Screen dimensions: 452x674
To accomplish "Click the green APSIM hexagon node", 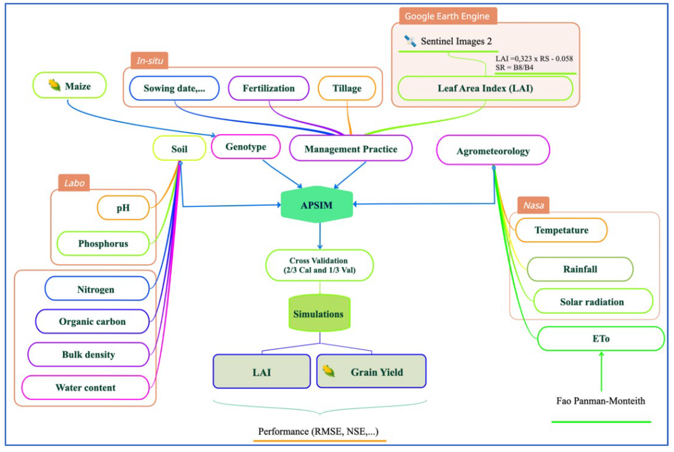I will pyautogui.click(x=316, y=205).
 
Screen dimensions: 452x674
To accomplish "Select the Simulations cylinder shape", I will pyautogui.click(x=319, y=313).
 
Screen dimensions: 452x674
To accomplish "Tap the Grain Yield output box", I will pyautogui.click(x=371, y=372).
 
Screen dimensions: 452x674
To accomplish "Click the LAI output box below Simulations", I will pyautogui.click(x=261, y=372).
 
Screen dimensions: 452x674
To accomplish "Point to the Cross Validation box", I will pyautogui.click(x=319, y=265).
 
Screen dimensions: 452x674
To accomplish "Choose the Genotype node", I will pyautogui.click(x=246, y=147).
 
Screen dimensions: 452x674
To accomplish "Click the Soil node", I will pyautogui.click(x=179, y=149).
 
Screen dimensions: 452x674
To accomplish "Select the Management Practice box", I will pyautogui.click(x=351, y=149).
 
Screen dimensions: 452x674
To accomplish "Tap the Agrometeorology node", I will pyautogui.click(x=493, y=151).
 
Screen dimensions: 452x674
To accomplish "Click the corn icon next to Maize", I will pyautogui.click(x=54, y=85).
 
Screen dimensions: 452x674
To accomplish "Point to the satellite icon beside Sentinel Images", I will pyautogui.click(x=410, y=41).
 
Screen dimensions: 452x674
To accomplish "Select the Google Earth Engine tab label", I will pyautogui.click(x=447, y=16).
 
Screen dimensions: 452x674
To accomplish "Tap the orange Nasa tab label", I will pyautogui.click(x=533, y=205).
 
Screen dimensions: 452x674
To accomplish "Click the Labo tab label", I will pyautogui.click(x=74, y=183).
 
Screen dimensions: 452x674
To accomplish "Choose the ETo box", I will pyautogui.click(x=601, y=338).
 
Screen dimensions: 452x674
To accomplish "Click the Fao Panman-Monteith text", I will pyautogui.click(x=600, y=401).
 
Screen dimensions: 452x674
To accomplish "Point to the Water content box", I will pyautogui.click(x=85, y=387).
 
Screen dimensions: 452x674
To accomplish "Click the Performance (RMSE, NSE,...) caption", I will pyautogui.click(x=318, y=431).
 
